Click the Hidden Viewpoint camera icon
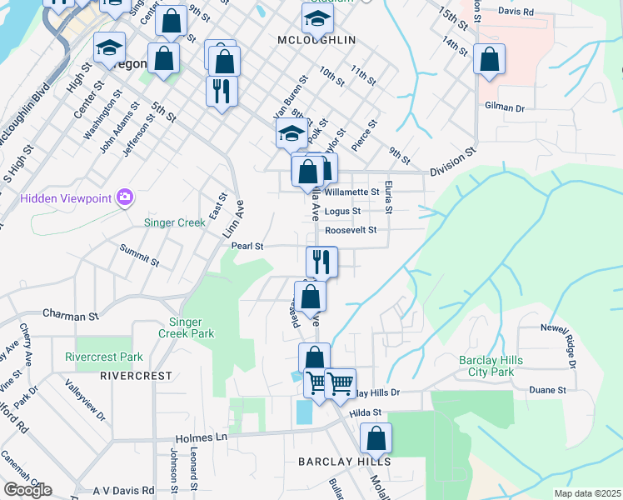click(125, 197)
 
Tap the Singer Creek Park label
click(192, 327)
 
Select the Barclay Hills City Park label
click(498, 366)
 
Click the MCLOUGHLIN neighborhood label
click(317, 39)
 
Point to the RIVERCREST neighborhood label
click(136, 376)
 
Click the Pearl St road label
click(247, 247)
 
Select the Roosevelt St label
click(351, 229)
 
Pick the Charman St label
click(71, 317)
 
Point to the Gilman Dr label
click(507, 107)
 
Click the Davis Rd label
click(516, 12)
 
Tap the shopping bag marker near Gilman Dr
click(489, 60)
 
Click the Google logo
click(27, 490)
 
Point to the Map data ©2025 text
click(587, 493)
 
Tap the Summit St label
click(139, 255)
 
